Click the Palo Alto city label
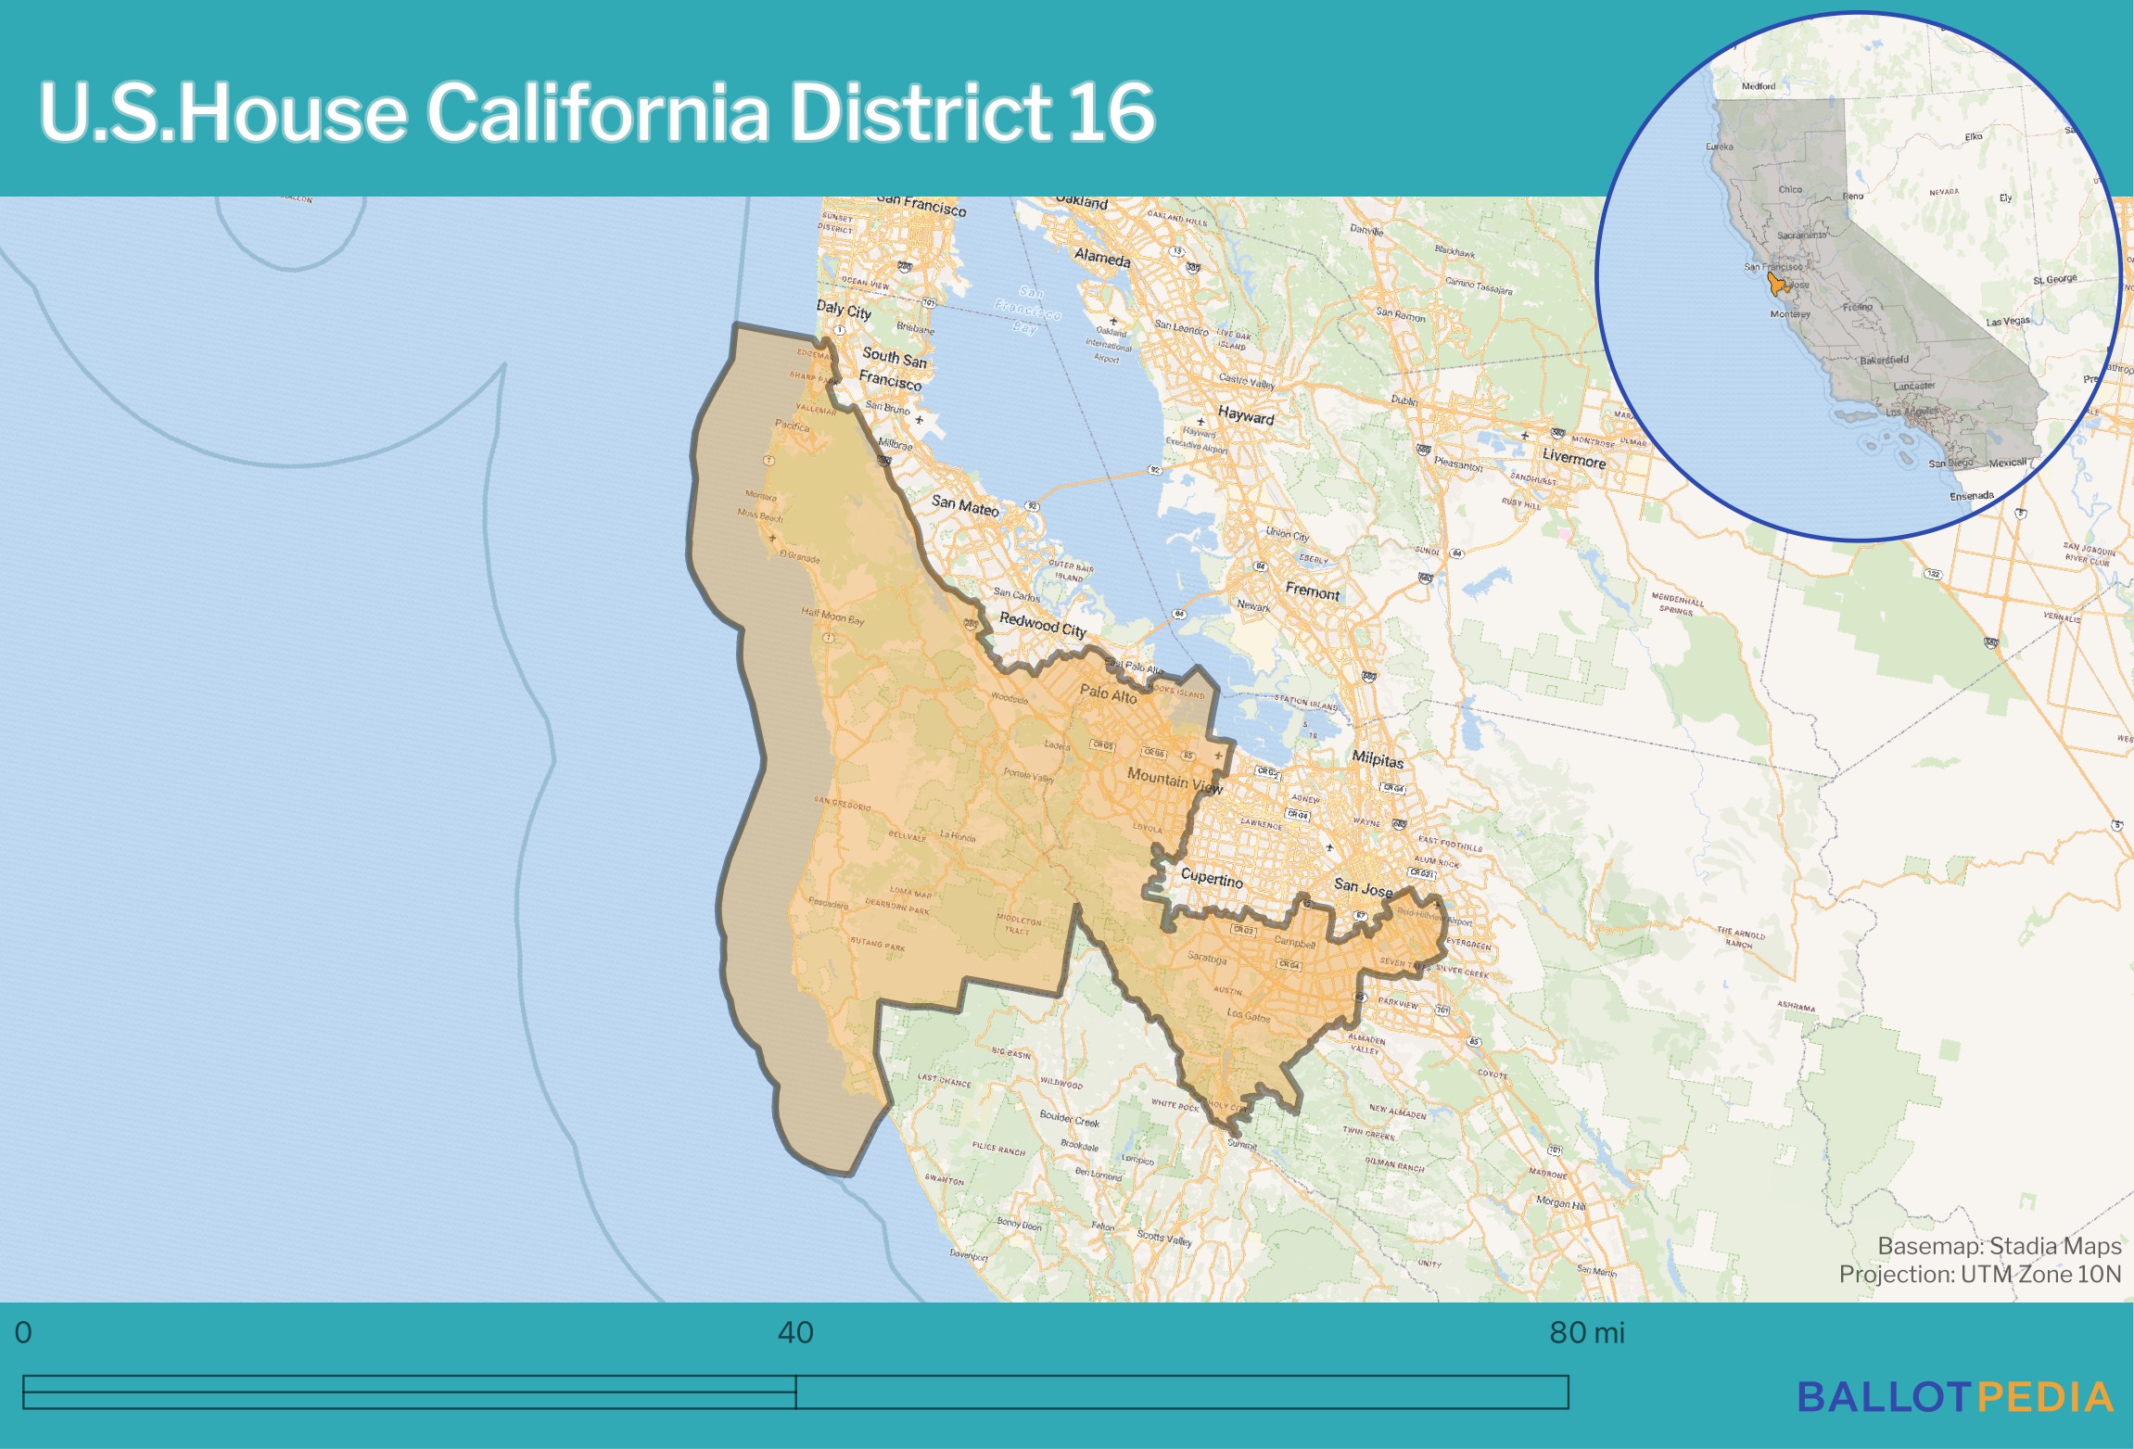pyautogui.click(x=1108, y=693)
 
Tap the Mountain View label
pyautogui.click(x=1175, y=781)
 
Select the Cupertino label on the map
pyautogui.click(x=1211, y=878)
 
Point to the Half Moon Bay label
pyautogui.click(x=832, y=616)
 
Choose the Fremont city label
pyautogui.click(x=1312, y=591)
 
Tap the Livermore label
pyautogui.click(x=1573, y=458)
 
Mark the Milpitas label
pyautogui.click(x=1377, y=759)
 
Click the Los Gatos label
pyautogui.click(x=1248, y=1015)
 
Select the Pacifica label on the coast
pyautogui.click(x=792, y=426)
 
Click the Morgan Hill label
pyautogui.click(x=1560, y=1202)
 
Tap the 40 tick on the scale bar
pyautogui.click(x=795, y=1333)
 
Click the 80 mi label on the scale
pyautogui.click(x=1586, y=1333)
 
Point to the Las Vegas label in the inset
pyautogui.click(x=2007, y=322)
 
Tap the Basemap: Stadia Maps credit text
pyautogui.click(x=1999, y=1246)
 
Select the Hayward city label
pyautogui.click(x=1245, y=416)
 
